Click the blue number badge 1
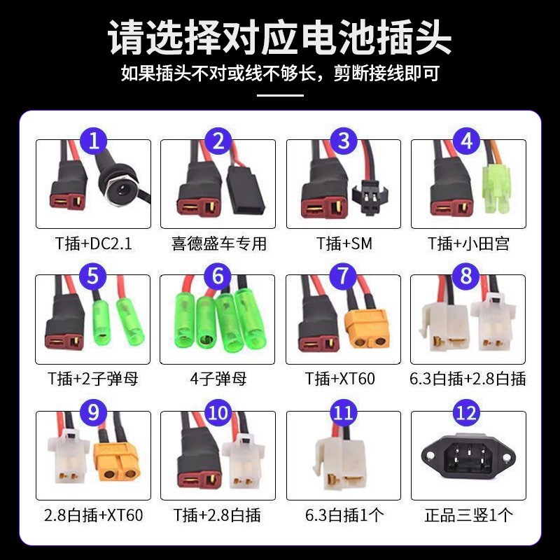tap(94, 141)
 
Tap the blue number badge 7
tap(343, 276)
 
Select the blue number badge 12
tap(466, 413)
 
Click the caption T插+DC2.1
tap(94, 244)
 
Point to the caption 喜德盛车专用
tap(218, 244)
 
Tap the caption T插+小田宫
tap(468, 244)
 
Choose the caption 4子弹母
tap(218, 379)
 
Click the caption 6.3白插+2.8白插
tap(468, 379)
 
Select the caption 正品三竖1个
tap(468, 515)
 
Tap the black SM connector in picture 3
tap(370, 196)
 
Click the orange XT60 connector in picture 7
tap(367, 328)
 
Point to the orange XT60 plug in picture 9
tap(116, 462)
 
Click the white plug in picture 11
tap(339, 464)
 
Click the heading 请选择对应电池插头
tap(280, 37)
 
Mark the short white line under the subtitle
tap(281, 95)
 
